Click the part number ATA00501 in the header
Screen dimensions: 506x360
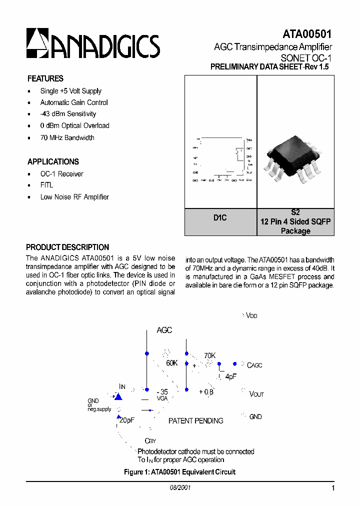click(x=307, y=34)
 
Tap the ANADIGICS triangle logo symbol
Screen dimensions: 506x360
click(x=37, y=42)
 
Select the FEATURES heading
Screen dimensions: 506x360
click(x=45, y=78)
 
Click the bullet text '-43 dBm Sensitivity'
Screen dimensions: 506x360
click(x=68, y=114)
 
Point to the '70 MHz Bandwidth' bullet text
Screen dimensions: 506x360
click(x=67, y=137)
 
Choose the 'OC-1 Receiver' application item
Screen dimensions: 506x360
click(x=61, y=174)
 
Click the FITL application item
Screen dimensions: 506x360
click(x=46, y=185)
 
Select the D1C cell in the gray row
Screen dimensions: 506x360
click(x=220, y=218)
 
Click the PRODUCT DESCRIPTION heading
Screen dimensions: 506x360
click(x=67, y=247)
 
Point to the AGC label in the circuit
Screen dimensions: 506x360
click(x=164, y=330)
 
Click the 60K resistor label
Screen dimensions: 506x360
click(x=172, y=363)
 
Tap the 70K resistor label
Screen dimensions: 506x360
click(x=209, y=355)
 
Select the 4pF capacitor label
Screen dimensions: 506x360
click(x=230, y=376)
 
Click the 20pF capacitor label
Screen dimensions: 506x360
click(x=127, y=420)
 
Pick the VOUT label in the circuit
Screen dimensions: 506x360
click(x=256, y=394)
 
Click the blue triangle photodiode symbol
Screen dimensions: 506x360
click(x=118, y=396)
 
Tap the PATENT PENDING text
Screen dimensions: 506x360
click(x=195, y=421)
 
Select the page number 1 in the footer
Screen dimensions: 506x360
click(x=332, y=488)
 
